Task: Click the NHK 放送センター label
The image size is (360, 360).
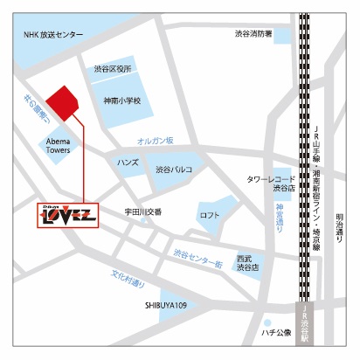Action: click(x=54, y=34)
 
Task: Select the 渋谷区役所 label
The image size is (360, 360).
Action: click(x=113, y=68)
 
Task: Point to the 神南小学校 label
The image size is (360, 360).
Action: click(x=121, y=100)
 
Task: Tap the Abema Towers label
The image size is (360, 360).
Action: click(x=59, y=144)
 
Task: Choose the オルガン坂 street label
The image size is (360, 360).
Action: click(x=156, y=141)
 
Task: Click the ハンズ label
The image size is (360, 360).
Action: click(x=128, y=163)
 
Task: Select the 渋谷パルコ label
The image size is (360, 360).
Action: click(x=175, y=170)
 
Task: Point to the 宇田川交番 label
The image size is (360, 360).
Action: click(x=142, y=211)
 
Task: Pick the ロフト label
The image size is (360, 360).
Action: click(x=210, y=215)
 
